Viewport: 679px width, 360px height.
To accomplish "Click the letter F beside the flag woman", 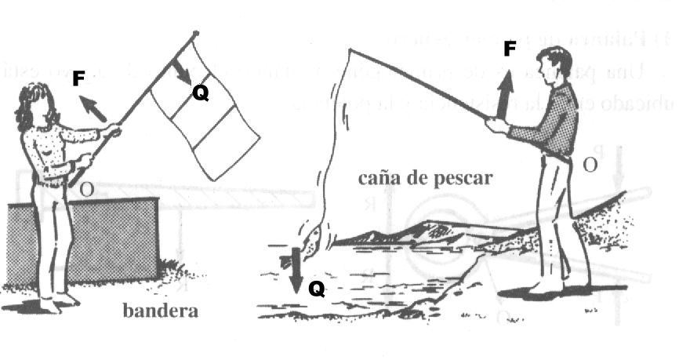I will pyautogui.click(x=78, y=79).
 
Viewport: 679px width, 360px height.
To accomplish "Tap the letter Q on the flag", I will pyautogui.click(x=201, y=93).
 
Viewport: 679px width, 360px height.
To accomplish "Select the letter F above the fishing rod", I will pyautogui.click(x=510, y=49).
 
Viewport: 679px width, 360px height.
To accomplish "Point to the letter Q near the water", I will pyautogui.click(x=316, y=289).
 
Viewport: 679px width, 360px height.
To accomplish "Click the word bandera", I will pyautogui.click(x=161, y=311).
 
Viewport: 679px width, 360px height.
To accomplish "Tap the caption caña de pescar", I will pyautogui.click(x=425, y=177).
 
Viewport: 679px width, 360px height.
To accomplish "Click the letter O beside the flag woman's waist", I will pyautogui.click(x=86, y=189).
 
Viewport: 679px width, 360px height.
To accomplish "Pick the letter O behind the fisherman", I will pyautogui.click(x=590, y=164).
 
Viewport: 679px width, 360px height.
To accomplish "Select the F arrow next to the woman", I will pyautogui.click(x=93, y=109).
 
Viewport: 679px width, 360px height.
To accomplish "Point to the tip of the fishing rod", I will pyautogui.click(x=350, y=51).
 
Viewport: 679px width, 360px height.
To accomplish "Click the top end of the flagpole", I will pyautogui.click(x=196, y=34).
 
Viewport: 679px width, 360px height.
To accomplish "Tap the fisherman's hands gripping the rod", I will pyautogui.click(x=496, y=125).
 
